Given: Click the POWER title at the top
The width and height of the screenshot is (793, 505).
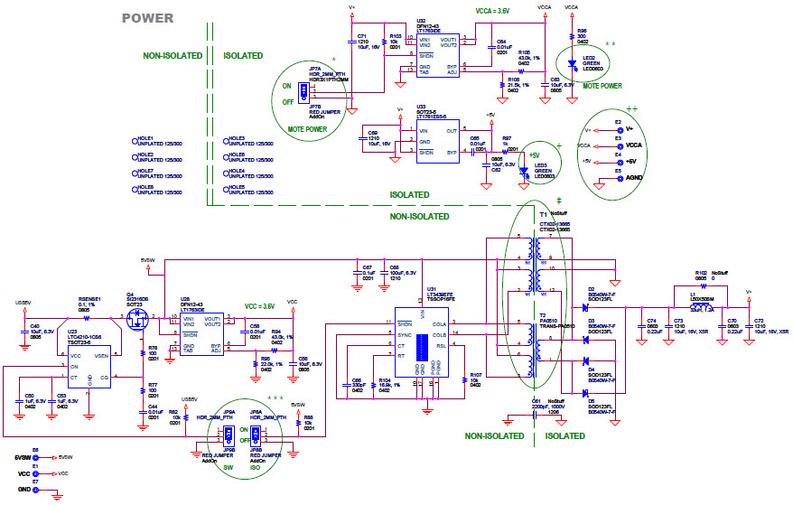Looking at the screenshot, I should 148,18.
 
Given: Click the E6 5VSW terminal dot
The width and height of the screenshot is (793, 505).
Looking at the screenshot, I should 36,458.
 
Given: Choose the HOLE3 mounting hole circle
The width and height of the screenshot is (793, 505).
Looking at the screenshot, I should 227,140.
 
